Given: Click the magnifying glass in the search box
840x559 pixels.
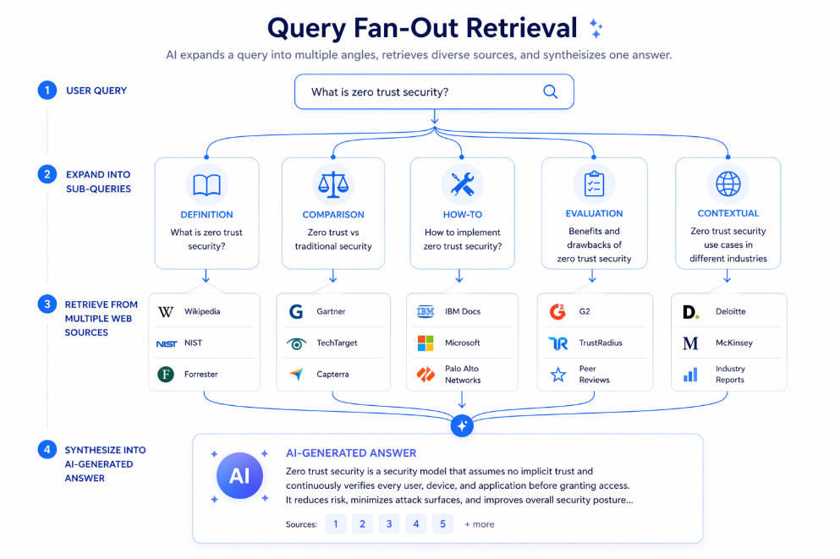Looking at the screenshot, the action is pos(550,91).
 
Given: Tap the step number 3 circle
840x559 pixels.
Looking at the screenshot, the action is pos(47,304).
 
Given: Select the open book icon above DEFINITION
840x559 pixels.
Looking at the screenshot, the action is pos(206,184).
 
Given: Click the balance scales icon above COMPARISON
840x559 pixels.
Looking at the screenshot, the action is pos(333,184).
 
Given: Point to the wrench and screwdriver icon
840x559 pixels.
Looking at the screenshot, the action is pos(463,184).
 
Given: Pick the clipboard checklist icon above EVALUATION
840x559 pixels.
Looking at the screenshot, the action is pos(594,184).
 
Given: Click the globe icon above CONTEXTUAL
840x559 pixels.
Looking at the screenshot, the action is pos(728,184).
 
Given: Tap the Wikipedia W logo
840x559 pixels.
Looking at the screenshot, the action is pos(166,311).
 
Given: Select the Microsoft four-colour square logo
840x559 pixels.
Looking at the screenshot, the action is pos(425,343).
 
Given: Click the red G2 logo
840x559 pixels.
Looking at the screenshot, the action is pos(557,311).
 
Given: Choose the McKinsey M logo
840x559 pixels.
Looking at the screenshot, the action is pos(690,343).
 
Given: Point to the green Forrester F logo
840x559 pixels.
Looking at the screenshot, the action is pos(166,375).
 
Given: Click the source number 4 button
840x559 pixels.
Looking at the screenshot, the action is pos(415,523).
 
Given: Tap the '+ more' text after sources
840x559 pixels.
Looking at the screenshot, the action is pos(480,524).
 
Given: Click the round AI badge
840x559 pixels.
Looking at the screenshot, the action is pos(239,475).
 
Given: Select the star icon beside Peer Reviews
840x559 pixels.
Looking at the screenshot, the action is pos(558,375).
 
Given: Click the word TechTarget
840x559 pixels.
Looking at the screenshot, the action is pos(337,343).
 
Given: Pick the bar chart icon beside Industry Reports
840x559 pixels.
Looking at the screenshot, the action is pos(690,375).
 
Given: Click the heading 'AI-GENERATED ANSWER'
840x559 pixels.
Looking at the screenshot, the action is pos(351,453).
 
